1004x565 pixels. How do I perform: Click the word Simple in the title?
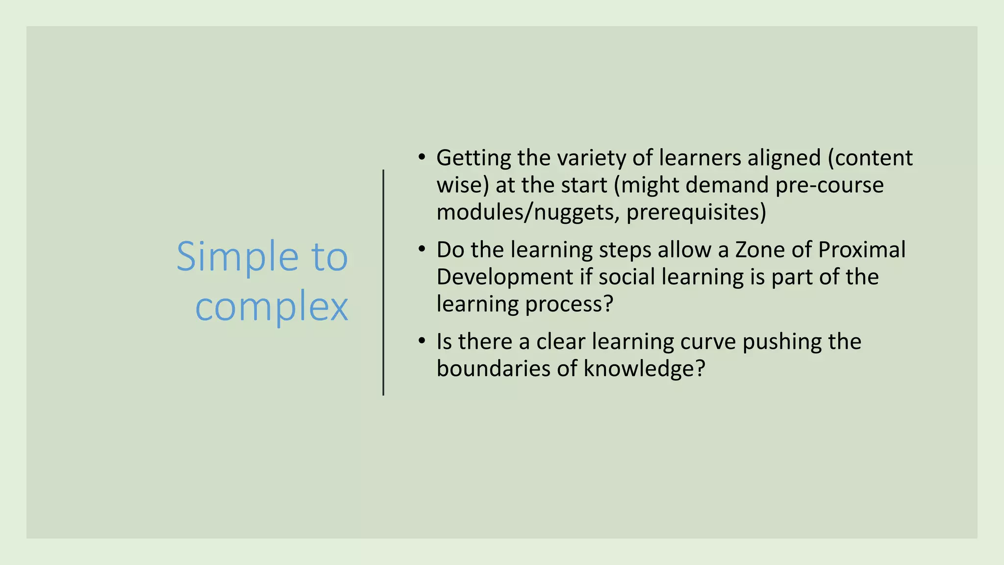pyautogui.click(x=237, y=257)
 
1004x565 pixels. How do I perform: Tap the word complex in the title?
pyautogui.click(x=272, y=307)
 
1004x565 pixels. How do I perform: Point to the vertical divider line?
pyautogui.click(x=383, y=282)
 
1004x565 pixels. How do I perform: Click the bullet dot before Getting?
pyautogui.click(x=422, y=157)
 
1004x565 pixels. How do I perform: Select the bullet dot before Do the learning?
pyautogui.click(x=422, y=249)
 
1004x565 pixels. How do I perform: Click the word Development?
pyautogui.click(x=504, y=277)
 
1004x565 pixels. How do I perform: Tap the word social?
pyautogui.click(x=627, y=277)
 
